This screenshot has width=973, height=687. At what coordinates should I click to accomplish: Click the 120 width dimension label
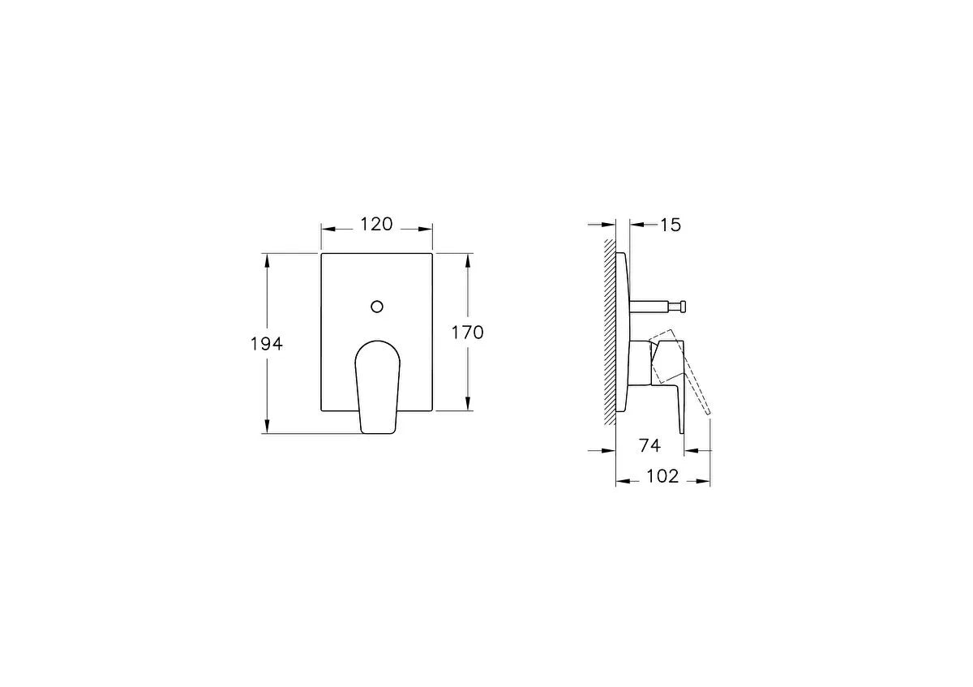click(376, 224)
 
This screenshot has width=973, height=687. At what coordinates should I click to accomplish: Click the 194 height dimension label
click(266, 344)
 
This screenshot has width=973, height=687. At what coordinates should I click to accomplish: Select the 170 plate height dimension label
click(467, 333)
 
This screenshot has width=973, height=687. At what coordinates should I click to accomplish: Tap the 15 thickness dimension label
click(671, 225)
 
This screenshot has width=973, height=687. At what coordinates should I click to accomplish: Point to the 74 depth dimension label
click(649, 445)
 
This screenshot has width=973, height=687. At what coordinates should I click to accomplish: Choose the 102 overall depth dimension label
click(662, 476)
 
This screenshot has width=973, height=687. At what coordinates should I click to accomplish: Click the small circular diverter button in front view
click(377, 307)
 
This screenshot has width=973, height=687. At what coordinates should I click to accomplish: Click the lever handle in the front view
click(377, 387)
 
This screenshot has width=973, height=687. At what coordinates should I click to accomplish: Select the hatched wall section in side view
click(610, 332)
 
